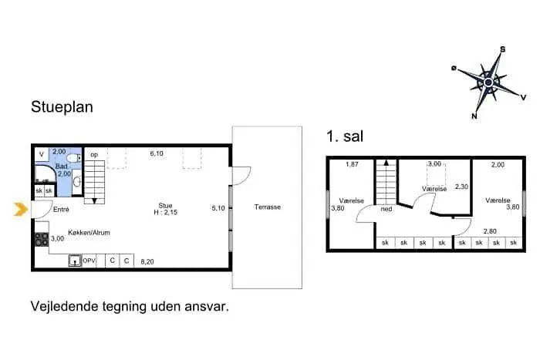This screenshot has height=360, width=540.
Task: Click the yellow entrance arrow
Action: (21, 209)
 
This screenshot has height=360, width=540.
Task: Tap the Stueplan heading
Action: (62, 106)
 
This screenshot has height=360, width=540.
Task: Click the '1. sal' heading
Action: (345, 136)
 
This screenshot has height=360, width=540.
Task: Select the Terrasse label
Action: (268, 207)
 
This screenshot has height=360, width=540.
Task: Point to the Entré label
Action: (61, 209)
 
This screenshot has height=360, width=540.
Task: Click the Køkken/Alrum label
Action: (89, 233)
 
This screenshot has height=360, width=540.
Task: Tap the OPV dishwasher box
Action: (89, 261)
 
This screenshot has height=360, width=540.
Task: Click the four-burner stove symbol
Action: (42, 239)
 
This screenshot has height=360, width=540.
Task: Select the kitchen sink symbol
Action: (75, 261)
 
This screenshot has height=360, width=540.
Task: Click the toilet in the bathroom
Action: (74, 158)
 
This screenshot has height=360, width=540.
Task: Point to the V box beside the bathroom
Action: (42, 154)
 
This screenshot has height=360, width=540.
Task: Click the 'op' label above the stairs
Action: (94, 155)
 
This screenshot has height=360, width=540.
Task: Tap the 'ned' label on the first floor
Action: (386, 209)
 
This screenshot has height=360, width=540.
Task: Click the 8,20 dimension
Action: (147, 261)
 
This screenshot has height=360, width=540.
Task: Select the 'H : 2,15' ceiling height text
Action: (165, 212)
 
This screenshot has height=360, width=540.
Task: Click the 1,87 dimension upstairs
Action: (352, 164)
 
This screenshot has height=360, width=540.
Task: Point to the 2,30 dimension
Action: (461, 187)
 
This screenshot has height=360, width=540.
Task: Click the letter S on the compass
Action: (502, 49)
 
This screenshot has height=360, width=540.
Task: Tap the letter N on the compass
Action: (474, 116)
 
